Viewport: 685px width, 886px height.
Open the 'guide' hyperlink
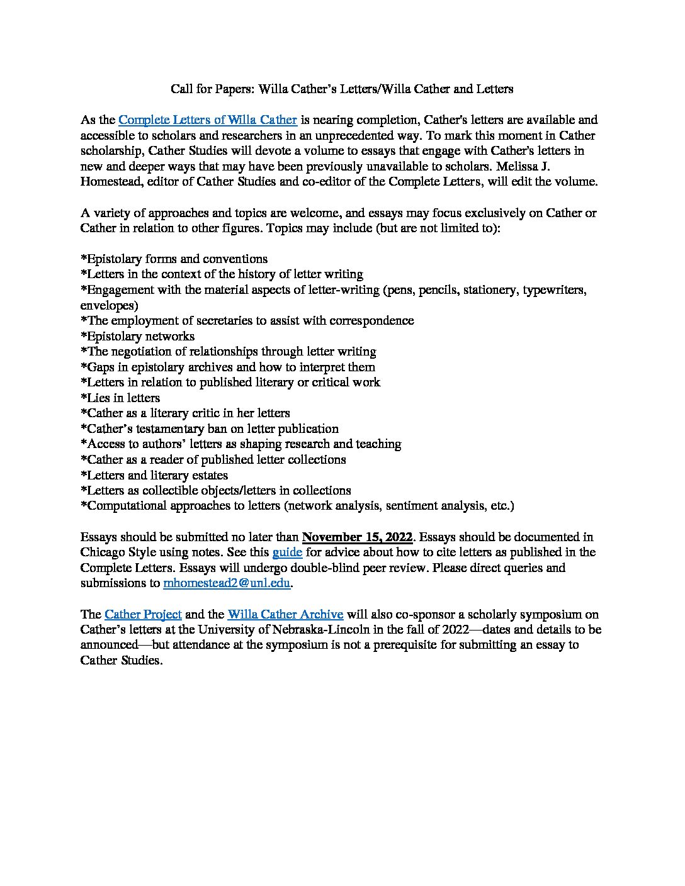287,552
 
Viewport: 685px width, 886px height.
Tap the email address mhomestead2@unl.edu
227,583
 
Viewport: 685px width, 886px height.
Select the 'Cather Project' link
143,614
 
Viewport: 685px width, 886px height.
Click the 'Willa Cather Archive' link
285,614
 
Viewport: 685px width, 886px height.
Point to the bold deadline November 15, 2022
357,537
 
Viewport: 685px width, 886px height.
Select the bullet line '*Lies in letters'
120,398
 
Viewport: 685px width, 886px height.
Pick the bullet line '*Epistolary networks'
137,336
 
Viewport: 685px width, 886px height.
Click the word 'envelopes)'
109,305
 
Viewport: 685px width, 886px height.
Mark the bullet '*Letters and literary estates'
154,475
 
